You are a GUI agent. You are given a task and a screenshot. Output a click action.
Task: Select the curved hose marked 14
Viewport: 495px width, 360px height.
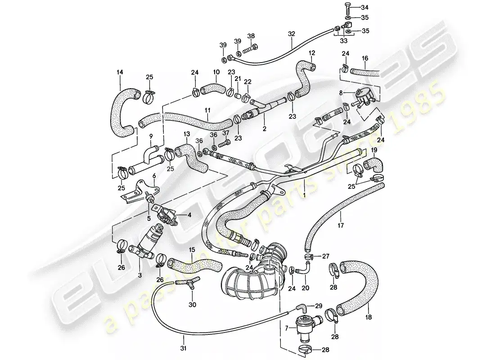point(121,111)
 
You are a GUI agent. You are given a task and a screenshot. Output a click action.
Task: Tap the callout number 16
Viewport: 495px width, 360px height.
point(364,58)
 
